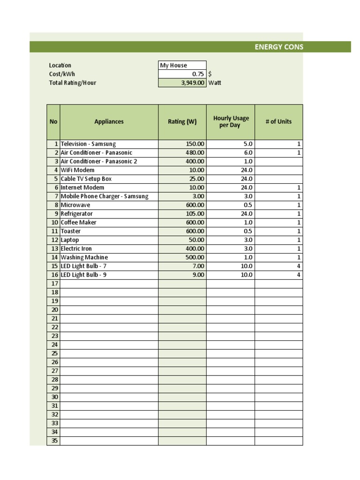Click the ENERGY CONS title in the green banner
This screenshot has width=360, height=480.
pos(279,47)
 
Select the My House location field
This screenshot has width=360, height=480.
pos(182,66)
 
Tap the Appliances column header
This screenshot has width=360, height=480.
pos(109,122)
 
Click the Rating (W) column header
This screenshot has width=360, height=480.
pos(182,122)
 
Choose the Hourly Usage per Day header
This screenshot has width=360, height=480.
pos(231,122)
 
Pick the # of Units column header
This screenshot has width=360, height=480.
pos(278,122)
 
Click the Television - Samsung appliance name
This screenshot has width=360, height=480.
pos(88,144)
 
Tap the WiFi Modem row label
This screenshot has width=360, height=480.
pos(77,170)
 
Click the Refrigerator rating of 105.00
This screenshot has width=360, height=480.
pos(195,214)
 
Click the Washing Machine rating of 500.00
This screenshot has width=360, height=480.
pos(195,257)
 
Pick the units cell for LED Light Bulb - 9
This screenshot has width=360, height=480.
pos(298,275)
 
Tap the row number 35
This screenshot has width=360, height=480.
pos(54,441)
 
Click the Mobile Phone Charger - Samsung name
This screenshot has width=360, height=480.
pos(104,196)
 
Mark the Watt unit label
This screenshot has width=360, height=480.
pos(215,83)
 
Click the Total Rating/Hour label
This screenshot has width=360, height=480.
pos(73,83)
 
